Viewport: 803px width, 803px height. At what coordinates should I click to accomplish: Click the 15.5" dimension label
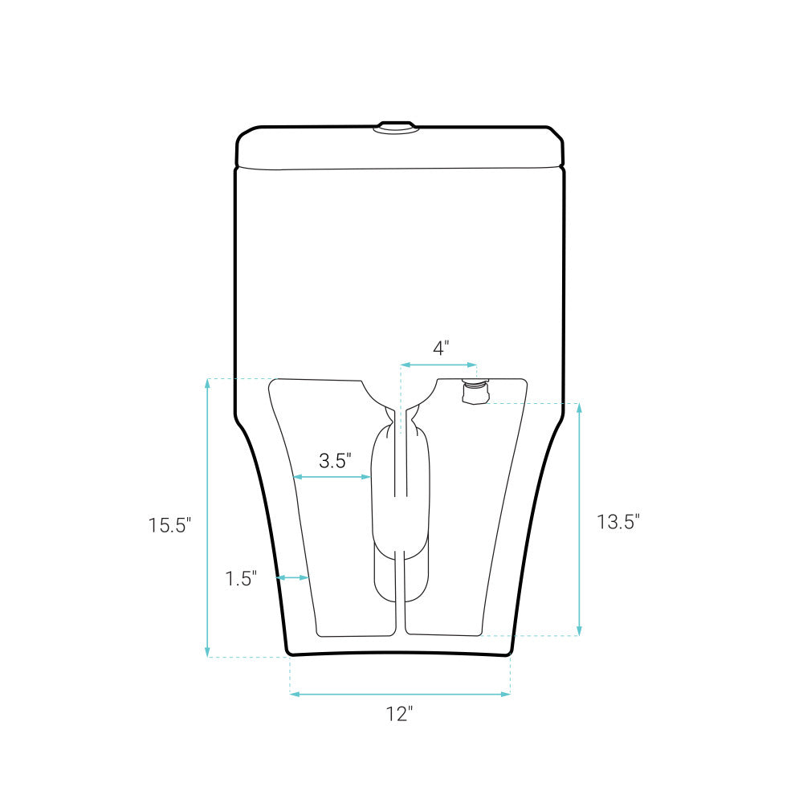tap(169, 526)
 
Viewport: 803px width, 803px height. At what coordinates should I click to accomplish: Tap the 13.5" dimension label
tap(618, 522)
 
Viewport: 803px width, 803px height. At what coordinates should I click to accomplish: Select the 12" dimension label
tap(399, 714)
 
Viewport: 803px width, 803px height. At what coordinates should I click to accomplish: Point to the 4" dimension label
tap(441, 349)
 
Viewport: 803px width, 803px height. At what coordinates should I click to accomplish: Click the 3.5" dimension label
tap(336, 461)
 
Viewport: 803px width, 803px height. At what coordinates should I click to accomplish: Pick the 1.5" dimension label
tap(240, 578)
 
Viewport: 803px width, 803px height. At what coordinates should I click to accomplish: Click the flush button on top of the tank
tap(397, 126)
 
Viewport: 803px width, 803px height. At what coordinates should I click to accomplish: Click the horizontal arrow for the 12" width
tap(400, 694)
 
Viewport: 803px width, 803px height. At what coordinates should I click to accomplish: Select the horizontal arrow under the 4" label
tap(438, 365)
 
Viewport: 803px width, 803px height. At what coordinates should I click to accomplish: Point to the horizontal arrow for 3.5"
tap(332, 477)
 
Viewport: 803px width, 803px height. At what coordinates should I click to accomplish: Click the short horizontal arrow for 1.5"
tap(292, 577)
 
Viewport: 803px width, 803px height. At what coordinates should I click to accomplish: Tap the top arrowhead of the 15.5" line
tap(208, 382)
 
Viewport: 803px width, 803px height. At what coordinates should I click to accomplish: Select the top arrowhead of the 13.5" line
tap(579, 407)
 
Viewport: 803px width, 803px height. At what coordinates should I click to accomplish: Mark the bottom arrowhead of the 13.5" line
tap(579, 631)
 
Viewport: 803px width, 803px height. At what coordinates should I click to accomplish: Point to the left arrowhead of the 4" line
tap(404, 365)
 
